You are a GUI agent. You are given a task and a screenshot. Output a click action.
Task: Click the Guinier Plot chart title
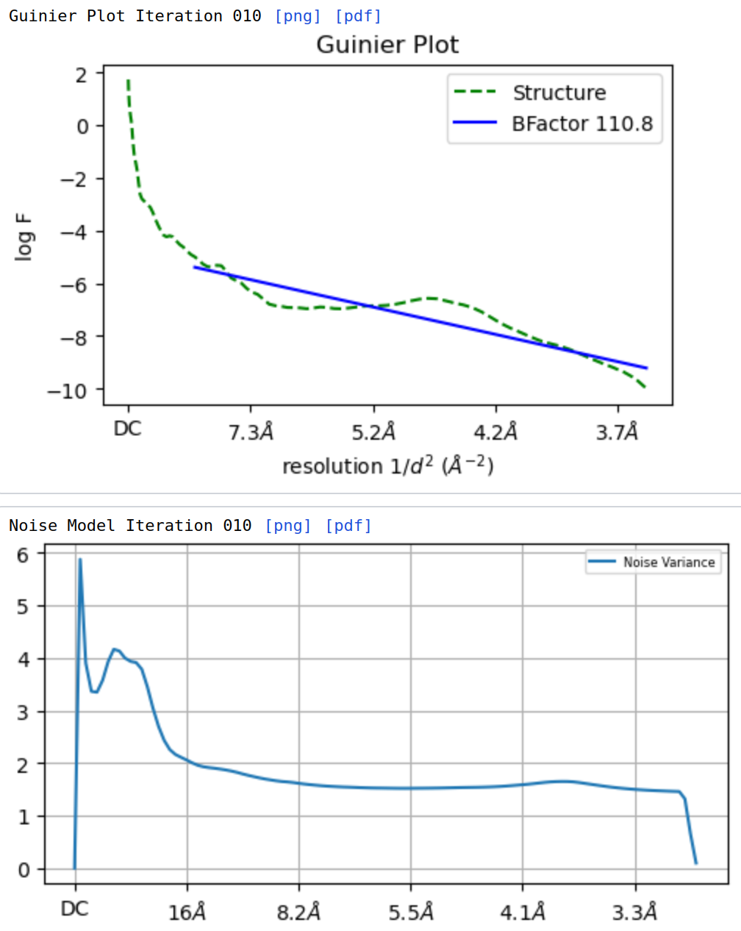[387, 45]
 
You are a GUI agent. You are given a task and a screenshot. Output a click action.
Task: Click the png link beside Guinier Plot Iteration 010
[298, 16]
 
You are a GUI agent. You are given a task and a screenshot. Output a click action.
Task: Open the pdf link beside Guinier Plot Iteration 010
[358, 16]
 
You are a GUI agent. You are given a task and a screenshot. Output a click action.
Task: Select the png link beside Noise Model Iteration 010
[288, 526]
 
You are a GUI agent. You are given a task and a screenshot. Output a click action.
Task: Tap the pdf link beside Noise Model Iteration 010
[348, 526]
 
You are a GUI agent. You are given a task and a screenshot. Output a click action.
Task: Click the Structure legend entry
[559, 93]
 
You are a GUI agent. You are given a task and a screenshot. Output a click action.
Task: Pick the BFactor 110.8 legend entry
[581, 124]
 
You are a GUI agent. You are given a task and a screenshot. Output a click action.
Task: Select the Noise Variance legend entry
[668, 563]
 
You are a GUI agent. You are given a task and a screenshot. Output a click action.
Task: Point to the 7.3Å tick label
[251, 432]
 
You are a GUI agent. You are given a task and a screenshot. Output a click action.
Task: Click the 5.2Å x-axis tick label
[373, 432]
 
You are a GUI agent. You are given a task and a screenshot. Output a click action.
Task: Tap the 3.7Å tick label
[617, 432]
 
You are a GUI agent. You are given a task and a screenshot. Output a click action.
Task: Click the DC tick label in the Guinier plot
[128, 429]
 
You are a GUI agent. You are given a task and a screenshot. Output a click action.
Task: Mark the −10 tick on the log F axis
[67, 390]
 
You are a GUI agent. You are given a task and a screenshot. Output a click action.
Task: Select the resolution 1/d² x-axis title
[387, 466]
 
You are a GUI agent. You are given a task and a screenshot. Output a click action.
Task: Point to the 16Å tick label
[187, 913]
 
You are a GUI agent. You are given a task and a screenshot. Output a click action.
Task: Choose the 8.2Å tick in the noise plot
[298, 913]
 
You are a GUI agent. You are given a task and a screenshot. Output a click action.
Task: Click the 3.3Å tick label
[634, 913]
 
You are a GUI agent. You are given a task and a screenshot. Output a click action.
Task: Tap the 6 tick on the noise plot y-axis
[24, 554]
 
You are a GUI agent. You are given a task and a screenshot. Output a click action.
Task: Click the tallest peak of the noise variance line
[80, 560]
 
